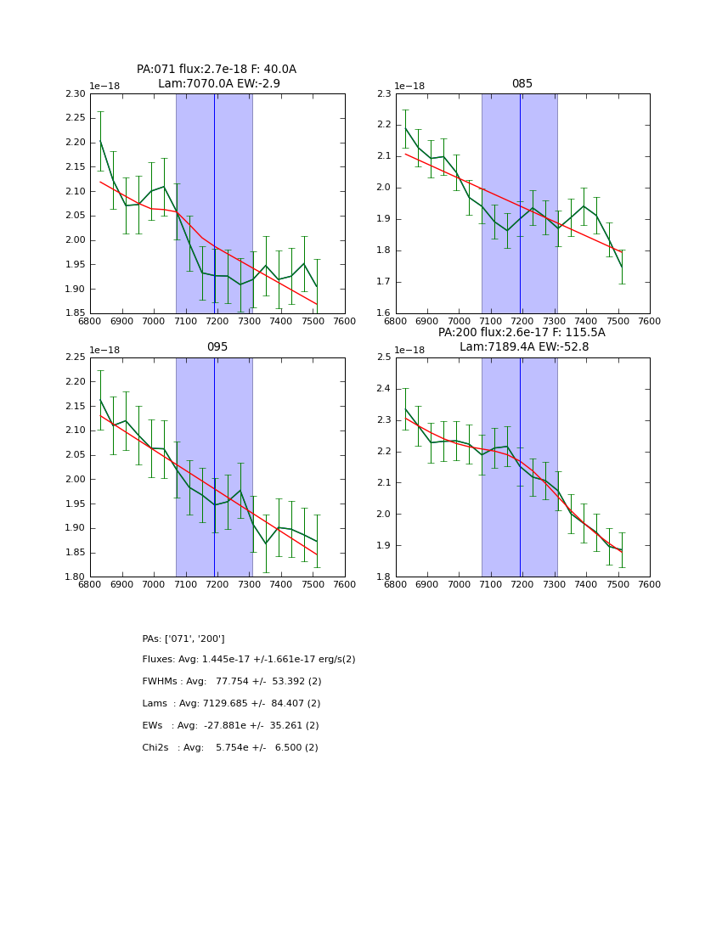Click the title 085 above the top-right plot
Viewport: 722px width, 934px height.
click(x=522, y=84)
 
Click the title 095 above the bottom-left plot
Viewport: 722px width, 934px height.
click(x=217, y=347)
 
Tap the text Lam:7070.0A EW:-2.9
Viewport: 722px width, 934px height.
click(x=218, y=84)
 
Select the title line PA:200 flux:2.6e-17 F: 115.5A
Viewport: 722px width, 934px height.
click(x=522, y=333)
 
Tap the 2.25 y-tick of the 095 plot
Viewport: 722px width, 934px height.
click(x=76, y=357)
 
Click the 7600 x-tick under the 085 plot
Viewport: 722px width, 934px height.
click(x=650, y=322)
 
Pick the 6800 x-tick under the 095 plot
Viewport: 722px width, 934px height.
click(x=90, y=585)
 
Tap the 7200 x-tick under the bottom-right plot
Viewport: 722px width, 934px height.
click(x=522, y=585)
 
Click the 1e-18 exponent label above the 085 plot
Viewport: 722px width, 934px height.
click(x=409, y=87)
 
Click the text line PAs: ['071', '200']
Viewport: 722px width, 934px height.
click(x=183, y=639)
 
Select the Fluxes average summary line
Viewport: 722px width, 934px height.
click(x=249, y=660)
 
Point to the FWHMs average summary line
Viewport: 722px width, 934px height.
click(x=232, y=682)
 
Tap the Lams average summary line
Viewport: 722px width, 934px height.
click(x=231, y=704)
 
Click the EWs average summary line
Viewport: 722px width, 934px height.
click(x=230, y=726)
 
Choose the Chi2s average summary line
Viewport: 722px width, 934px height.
click(x=230, y=748)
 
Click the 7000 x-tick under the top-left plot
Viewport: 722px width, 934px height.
click(x=154, y=322)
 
